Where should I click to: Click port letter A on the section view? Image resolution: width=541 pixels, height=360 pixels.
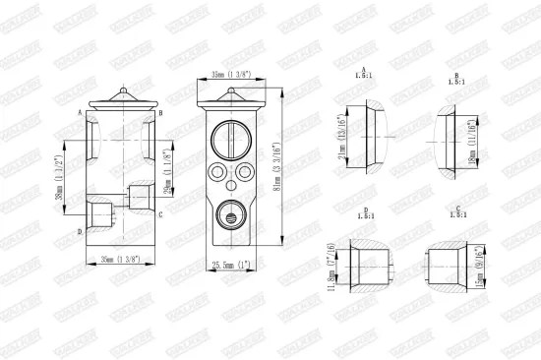pyautogui.click(x=80, y=112)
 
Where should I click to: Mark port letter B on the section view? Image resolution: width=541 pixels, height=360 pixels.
pyautogui.click(x=159, y=112)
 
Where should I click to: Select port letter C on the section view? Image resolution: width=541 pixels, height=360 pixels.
pyautogui.click(x=159, y=213)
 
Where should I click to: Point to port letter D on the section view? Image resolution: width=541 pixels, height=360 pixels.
pyautogui.click(x=80, y=232)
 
